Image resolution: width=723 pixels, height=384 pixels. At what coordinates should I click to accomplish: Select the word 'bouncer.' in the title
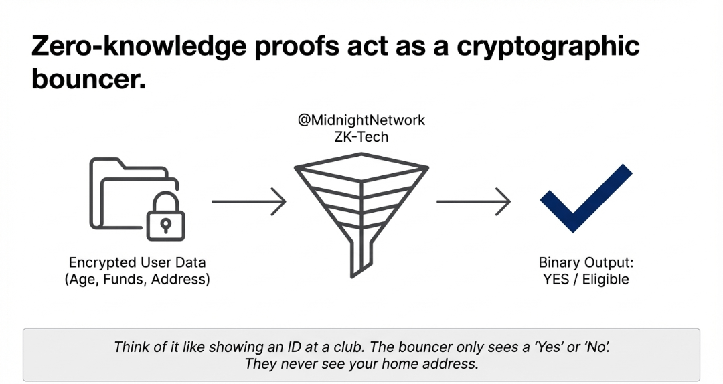pos(88,80)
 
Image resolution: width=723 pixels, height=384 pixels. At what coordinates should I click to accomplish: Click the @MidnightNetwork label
pos(361,120)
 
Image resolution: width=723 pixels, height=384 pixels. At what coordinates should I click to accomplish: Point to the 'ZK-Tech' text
pos(361,137)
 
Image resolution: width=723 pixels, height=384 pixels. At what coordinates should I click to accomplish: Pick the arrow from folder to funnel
pos(248,201)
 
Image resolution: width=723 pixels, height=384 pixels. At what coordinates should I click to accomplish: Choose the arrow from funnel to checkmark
pos(473,201)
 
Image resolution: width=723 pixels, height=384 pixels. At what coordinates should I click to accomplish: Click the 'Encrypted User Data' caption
pos(137,263)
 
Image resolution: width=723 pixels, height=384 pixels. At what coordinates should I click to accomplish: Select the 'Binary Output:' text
pos(586,263)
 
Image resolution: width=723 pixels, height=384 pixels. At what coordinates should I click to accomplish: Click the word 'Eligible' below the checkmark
pos(605,280)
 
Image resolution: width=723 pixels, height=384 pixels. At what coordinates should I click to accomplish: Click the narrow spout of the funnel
pos(357,258)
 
